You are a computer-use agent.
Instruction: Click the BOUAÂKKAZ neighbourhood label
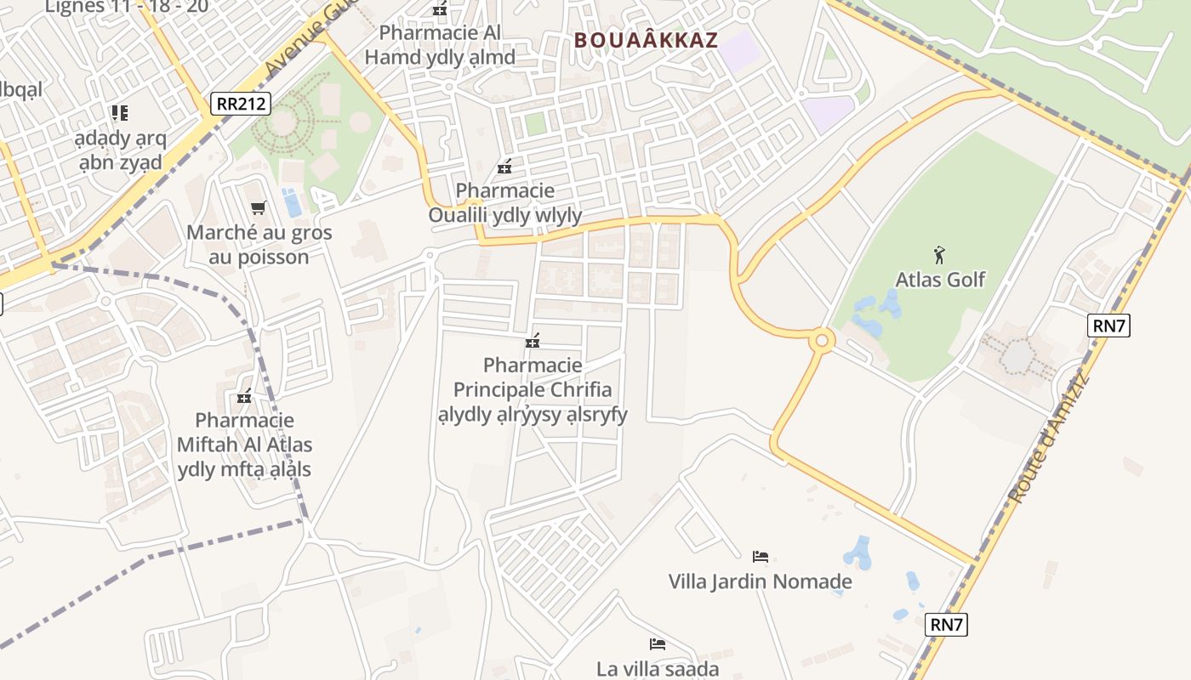646,40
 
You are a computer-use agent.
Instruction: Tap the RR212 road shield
241,104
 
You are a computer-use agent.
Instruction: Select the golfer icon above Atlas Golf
939,254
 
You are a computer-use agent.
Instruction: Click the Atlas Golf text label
940,279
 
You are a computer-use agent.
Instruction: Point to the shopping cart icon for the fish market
259,207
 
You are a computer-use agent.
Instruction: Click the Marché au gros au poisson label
259,245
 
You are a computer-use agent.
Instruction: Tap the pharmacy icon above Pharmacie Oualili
504,166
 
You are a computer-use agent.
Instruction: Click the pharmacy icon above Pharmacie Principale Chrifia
533,341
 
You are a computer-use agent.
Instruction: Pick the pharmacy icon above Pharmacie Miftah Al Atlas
244,396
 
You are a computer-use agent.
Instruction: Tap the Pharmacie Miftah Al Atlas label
244,445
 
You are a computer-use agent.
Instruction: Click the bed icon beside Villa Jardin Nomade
761,557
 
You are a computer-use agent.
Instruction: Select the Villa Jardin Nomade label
760,582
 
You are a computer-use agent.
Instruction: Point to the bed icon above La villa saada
657,643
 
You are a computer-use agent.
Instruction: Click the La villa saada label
658,669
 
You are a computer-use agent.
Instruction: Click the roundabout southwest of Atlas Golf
822,342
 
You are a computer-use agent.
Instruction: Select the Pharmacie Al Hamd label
440,44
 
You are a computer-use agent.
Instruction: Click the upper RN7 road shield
1108,325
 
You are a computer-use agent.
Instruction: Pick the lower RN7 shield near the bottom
946,625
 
